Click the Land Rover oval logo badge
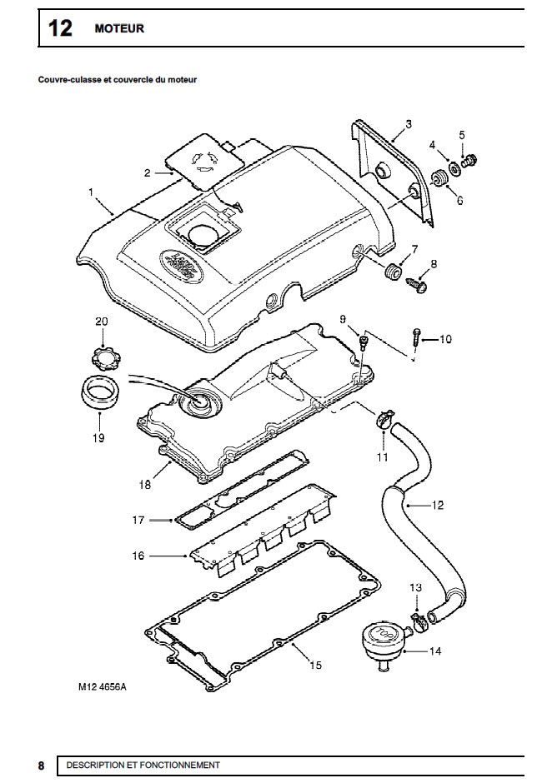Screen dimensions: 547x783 [180, 267]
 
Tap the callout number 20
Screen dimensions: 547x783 [102, 322]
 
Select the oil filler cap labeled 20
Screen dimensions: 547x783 [103, 356]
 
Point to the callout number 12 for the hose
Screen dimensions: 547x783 [437, 506]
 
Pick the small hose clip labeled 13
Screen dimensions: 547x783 [419, 621]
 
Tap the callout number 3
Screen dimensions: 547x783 [409, 124]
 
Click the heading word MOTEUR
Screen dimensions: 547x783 [119, 28]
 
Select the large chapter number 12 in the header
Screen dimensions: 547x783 [60, 28]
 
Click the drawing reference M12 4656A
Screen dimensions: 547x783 [103, 686]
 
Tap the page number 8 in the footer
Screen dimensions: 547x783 [41, 766]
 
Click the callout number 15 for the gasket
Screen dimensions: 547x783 [315, 666]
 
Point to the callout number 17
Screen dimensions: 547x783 [138, 521]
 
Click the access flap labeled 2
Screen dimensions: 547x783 [205, 161]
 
